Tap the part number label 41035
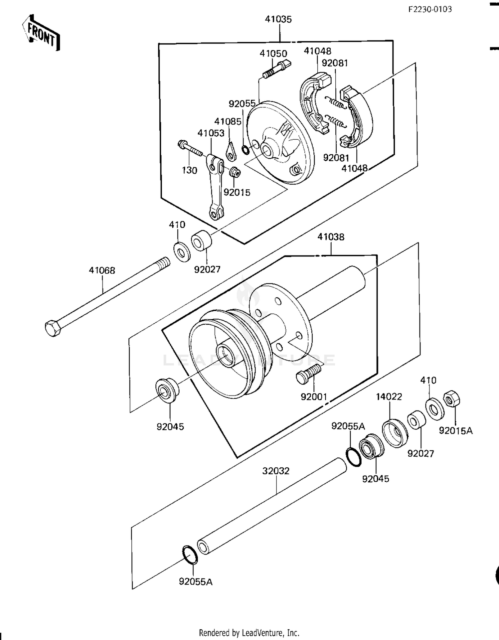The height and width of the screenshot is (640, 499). tap(278, 19)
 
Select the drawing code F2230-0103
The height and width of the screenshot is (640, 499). tap(430, 9)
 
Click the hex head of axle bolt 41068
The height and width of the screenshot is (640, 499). tap(52, 328)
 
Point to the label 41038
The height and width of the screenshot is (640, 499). tap(331, 237)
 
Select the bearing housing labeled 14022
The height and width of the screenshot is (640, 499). tap(395, 433)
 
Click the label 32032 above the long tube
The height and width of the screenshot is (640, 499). tap(276, 471)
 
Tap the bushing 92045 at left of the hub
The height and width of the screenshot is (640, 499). tap(167, 390)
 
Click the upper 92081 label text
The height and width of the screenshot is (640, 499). tap(335, 63)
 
